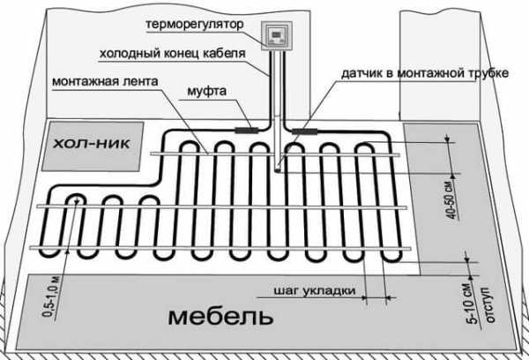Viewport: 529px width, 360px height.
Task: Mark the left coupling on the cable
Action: point(250,130)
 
